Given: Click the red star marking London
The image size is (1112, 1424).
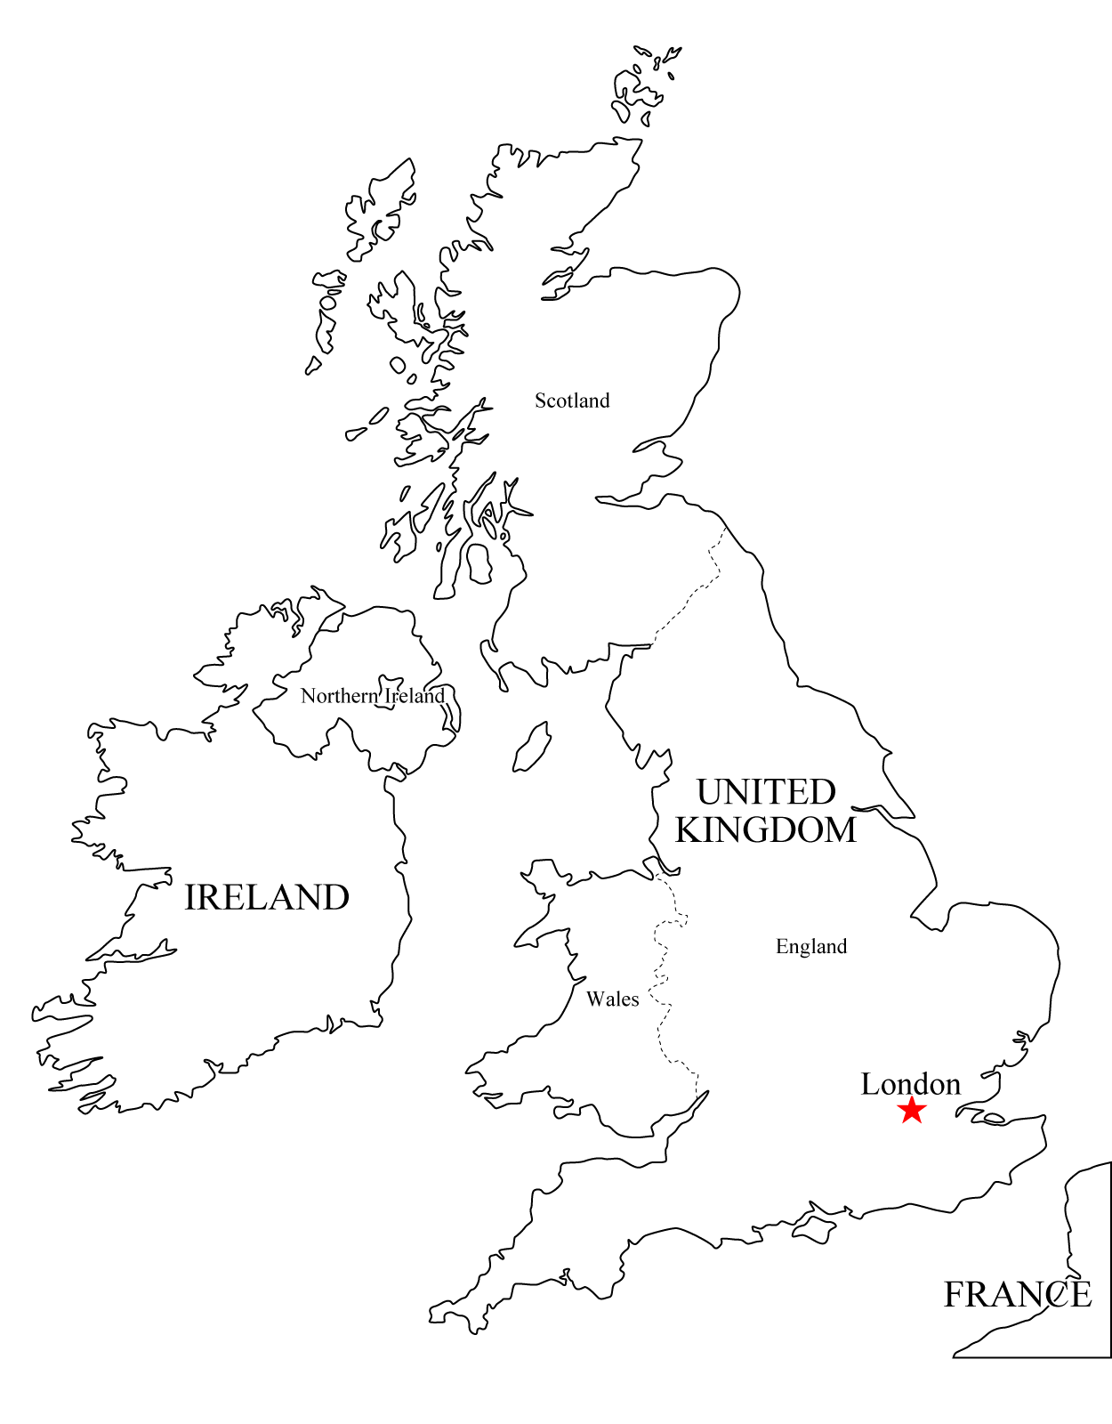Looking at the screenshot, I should click(912, 1110).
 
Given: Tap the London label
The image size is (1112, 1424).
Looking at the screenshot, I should click(910, 1084).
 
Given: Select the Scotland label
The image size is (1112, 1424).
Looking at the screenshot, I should click(572, 400).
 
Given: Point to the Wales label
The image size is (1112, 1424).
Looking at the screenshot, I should click(612, 999).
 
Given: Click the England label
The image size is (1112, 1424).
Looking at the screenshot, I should click(810, 946).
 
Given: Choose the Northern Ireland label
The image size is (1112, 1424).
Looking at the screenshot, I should click(372, 696).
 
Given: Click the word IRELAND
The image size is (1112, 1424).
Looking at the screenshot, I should click(266, 897).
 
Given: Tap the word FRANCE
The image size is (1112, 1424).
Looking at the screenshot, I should click(1017, 1294).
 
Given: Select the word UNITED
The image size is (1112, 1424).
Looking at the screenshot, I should click(766, 791).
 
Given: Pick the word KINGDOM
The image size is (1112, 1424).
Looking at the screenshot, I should click(766, 829).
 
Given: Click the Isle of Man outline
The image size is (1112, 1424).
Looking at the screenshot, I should click(532, 748).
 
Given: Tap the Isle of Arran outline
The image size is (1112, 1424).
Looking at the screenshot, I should click(479, 563).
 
